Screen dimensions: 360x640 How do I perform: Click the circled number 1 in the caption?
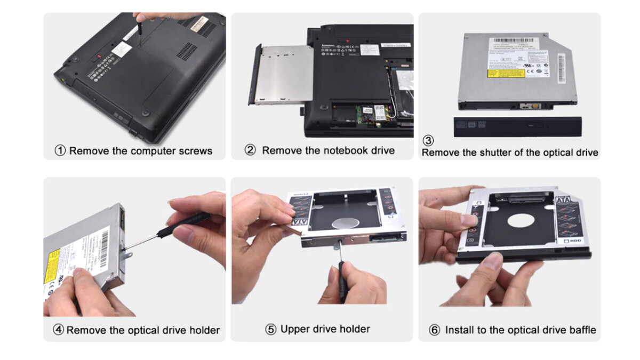[x=60, y=151]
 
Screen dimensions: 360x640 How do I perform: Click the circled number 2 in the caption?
[x=250, y=150]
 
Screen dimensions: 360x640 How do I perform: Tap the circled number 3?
[x=428, y=141]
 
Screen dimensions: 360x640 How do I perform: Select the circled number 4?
[x=59, y=330]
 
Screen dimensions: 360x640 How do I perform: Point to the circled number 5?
[x=271, y=329]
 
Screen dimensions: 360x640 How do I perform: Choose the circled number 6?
[x=435, y=330]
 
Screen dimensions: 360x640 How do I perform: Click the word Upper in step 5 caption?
[x=295, y=329]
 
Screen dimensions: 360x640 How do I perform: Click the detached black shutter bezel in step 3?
[x=517, y=126]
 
